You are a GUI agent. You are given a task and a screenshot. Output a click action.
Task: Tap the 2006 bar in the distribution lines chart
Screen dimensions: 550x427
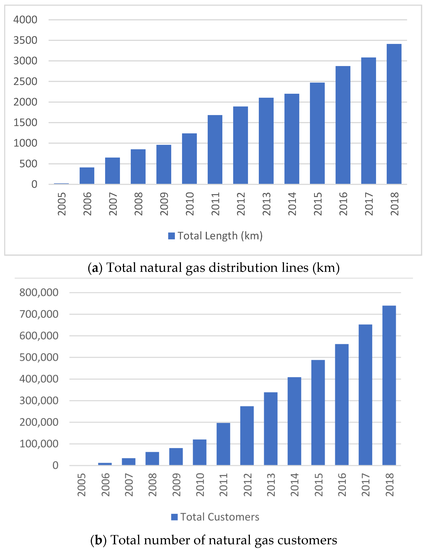pos(87,176)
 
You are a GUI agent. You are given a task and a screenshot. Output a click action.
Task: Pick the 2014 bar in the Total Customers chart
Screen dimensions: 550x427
pos(294,421)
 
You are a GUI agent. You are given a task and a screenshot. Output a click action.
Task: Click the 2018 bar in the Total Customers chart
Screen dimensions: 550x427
pos(389,385)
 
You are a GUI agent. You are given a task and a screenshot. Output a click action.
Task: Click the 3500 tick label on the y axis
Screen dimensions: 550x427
pos(25,40)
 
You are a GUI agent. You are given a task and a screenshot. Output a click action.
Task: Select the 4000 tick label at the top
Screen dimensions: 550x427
pos(25,20)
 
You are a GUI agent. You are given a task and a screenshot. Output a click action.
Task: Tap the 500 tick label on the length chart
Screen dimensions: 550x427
pos(28,164)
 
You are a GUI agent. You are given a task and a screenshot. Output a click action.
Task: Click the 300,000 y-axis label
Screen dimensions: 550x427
pos(39,400)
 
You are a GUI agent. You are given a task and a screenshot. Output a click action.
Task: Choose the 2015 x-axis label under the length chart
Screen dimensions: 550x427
pos(318,204)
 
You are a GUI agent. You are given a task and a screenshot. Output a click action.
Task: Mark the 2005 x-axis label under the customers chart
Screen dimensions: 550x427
pos(81,485)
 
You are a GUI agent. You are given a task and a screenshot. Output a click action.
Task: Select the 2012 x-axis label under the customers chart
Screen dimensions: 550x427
pos(248,485)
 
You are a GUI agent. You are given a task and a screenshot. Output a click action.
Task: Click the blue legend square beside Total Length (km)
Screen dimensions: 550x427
pos(171,236)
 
